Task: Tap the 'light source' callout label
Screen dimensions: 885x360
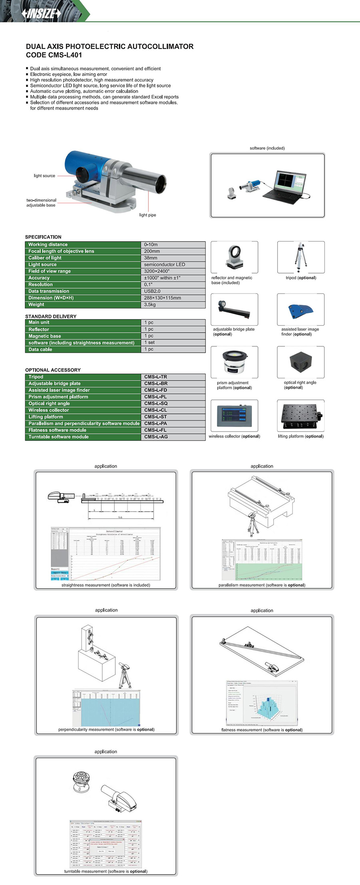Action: click(x=44, y=176)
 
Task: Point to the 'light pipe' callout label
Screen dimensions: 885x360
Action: click(x=148, y=215)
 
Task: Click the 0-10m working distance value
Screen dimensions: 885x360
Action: click(x=151, y=245)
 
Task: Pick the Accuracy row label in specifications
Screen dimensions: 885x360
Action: click(x=39, y=278)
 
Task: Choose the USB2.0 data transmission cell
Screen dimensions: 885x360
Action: click(x=152, y=291)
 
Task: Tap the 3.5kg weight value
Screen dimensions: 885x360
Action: click(x=150, y=305)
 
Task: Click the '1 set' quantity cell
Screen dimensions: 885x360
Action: click(x=150, y=343)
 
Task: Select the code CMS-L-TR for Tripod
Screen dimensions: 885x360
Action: click(x=156, y=377)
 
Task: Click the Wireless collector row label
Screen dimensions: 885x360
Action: click(x=49, y=410)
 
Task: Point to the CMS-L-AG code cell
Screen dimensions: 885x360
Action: click(x=156, y=437)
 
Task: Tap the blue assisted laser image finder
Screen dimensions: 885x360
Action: click(x=300, y=310)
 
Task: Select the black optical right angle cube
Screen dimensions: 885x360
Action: click(x=300, y=362)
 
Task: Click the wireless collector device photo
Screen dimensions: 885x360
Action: click(x=234, y=416)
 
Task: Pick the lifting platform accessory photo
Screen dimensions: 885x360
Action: click(x=300, y=416)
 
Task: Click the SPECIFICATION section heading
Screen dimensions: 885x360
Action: click(x=43, y=237)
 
